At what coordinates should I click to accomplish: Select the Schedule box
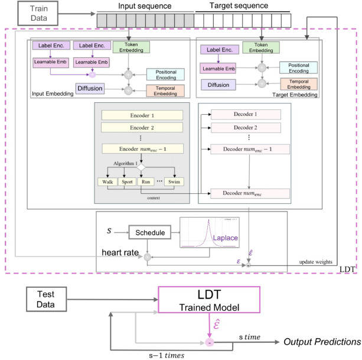pos(148,233)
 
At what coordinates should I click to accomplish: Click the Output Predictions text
pos(322,342)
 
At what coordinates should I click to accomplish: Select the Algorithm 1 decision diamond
pos(141,168)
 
